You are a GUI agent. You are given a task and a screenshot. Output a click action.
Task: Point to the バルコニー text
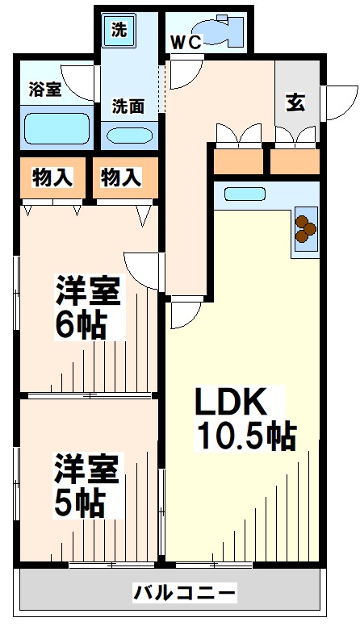point(185,594)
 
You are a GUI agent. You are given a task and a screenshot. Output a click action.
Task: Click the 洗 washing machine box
point(119,32)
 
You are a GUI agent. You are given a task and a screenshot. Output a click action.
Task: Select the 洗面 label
point(127,105)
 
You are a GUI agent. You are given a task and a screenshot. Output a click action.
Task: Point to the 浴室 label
point(44,88)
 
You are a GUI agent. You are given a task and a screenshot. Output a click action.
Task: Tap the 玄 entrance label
point(295,102)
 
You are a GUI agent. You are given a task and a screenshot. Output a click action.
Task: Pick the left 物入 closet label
point(50,178)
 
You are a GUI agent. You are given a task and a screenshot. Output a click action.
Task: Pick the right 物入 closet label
point(122,178)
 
